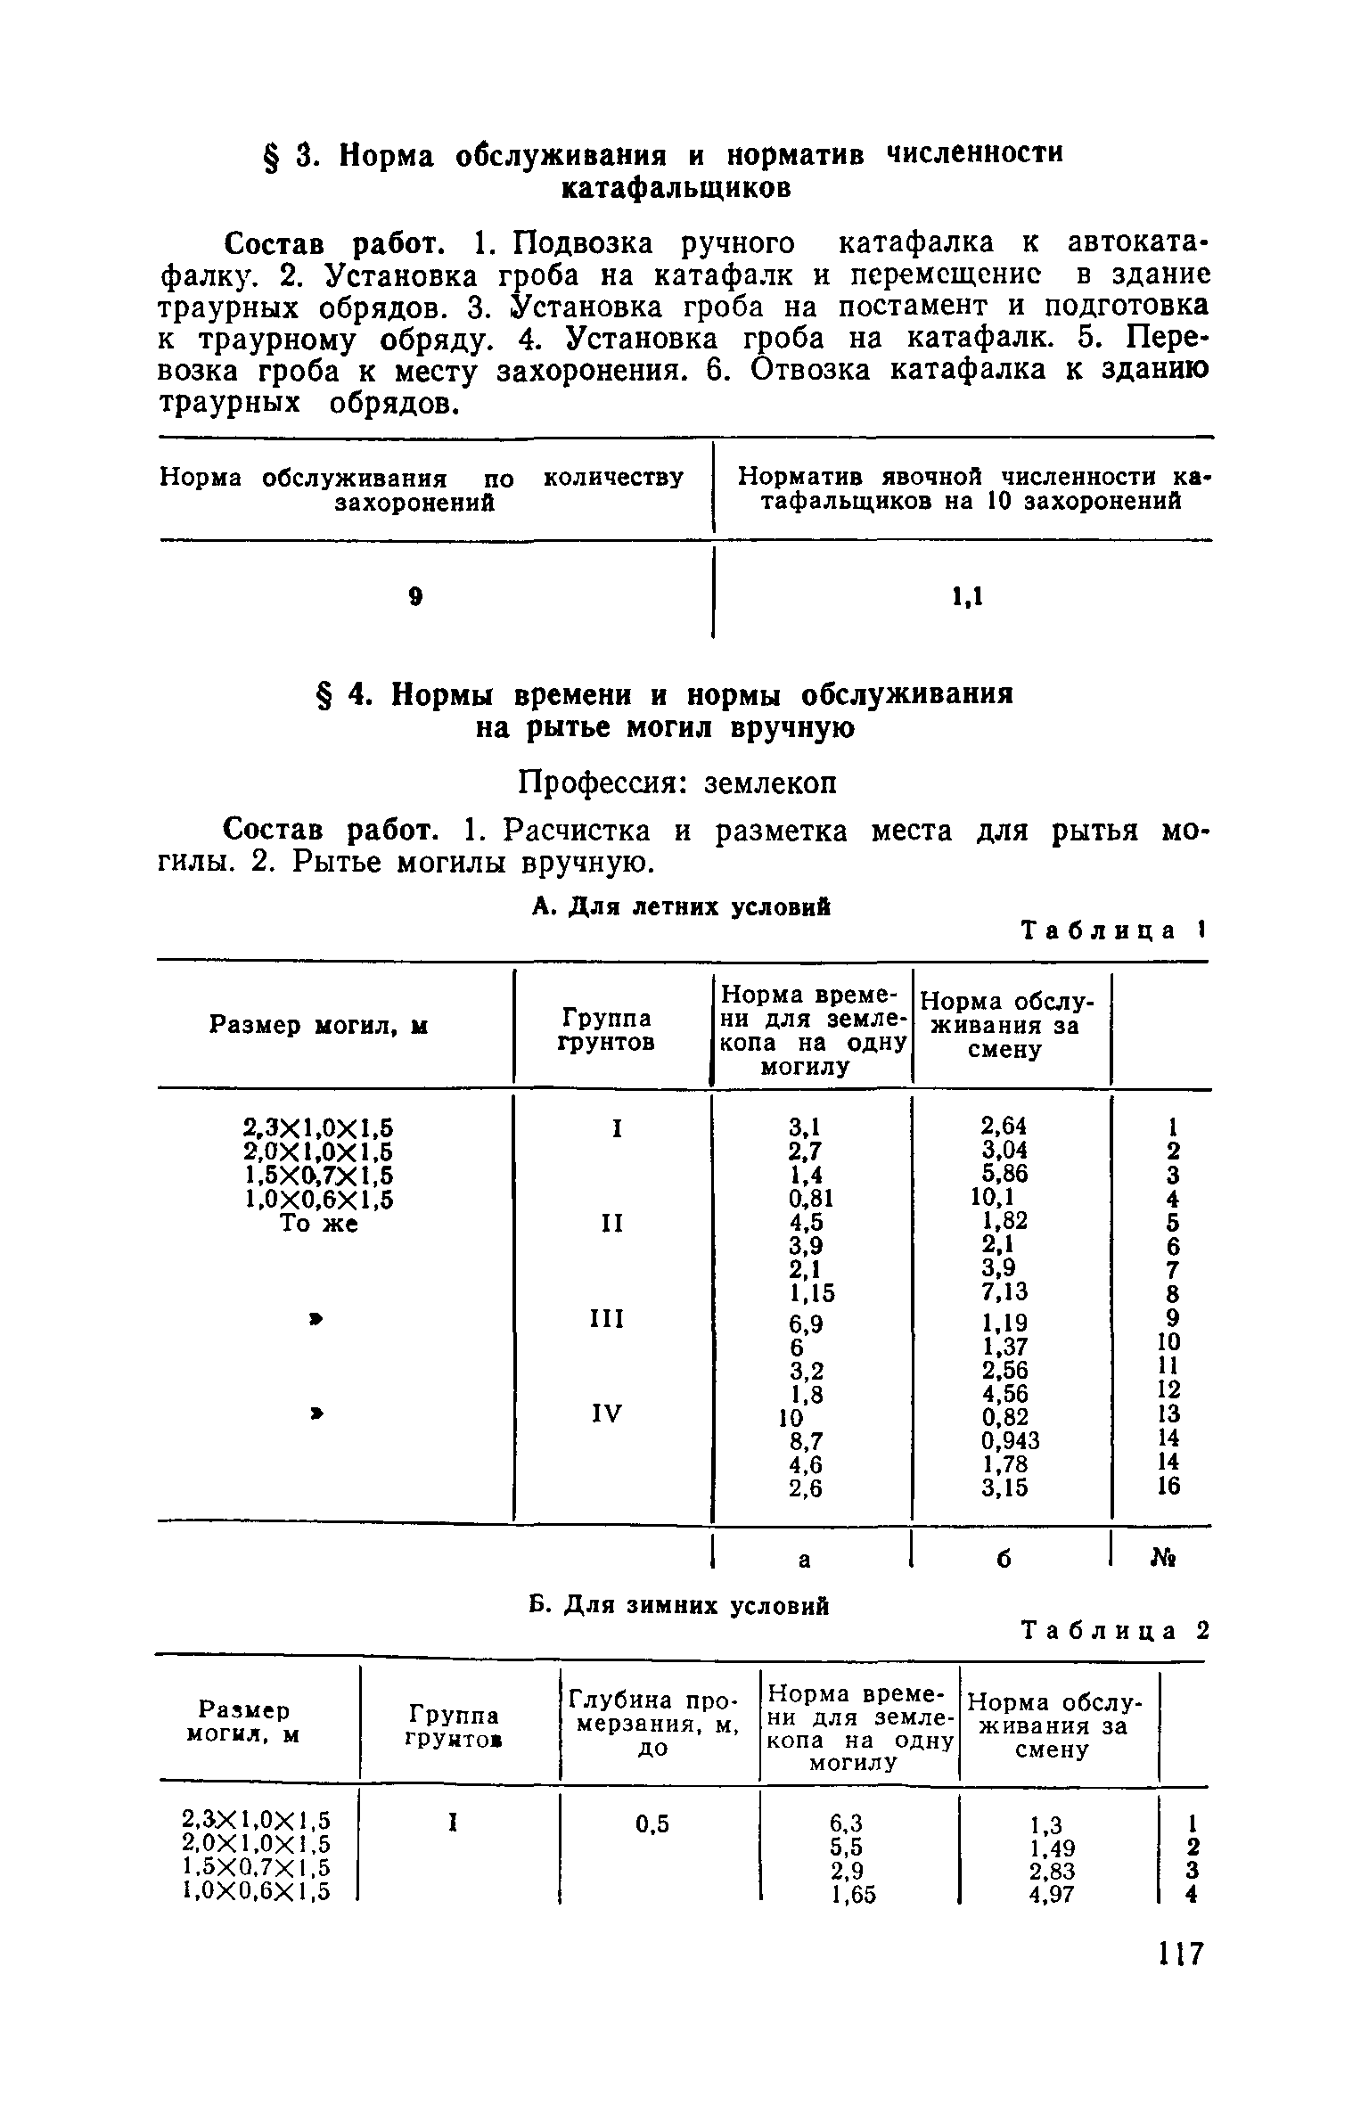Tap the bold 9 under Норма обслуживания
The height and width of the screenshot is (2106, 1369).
pyautogui.click(x=414, y=597)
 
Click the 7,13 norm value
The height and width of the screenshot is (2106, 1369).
pyautogui.click(x=1004, y=1291)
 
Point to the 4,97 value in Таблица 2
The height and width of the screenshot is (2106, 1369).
pyautogui.click(x=1052, y=1895)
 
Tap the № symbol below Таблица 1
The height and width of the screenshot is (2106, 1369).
pyautogui.click(x=1166, y=1559)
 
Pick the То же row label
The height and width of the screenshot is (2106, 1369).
pyautogui.click(x=319, y=1224)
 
